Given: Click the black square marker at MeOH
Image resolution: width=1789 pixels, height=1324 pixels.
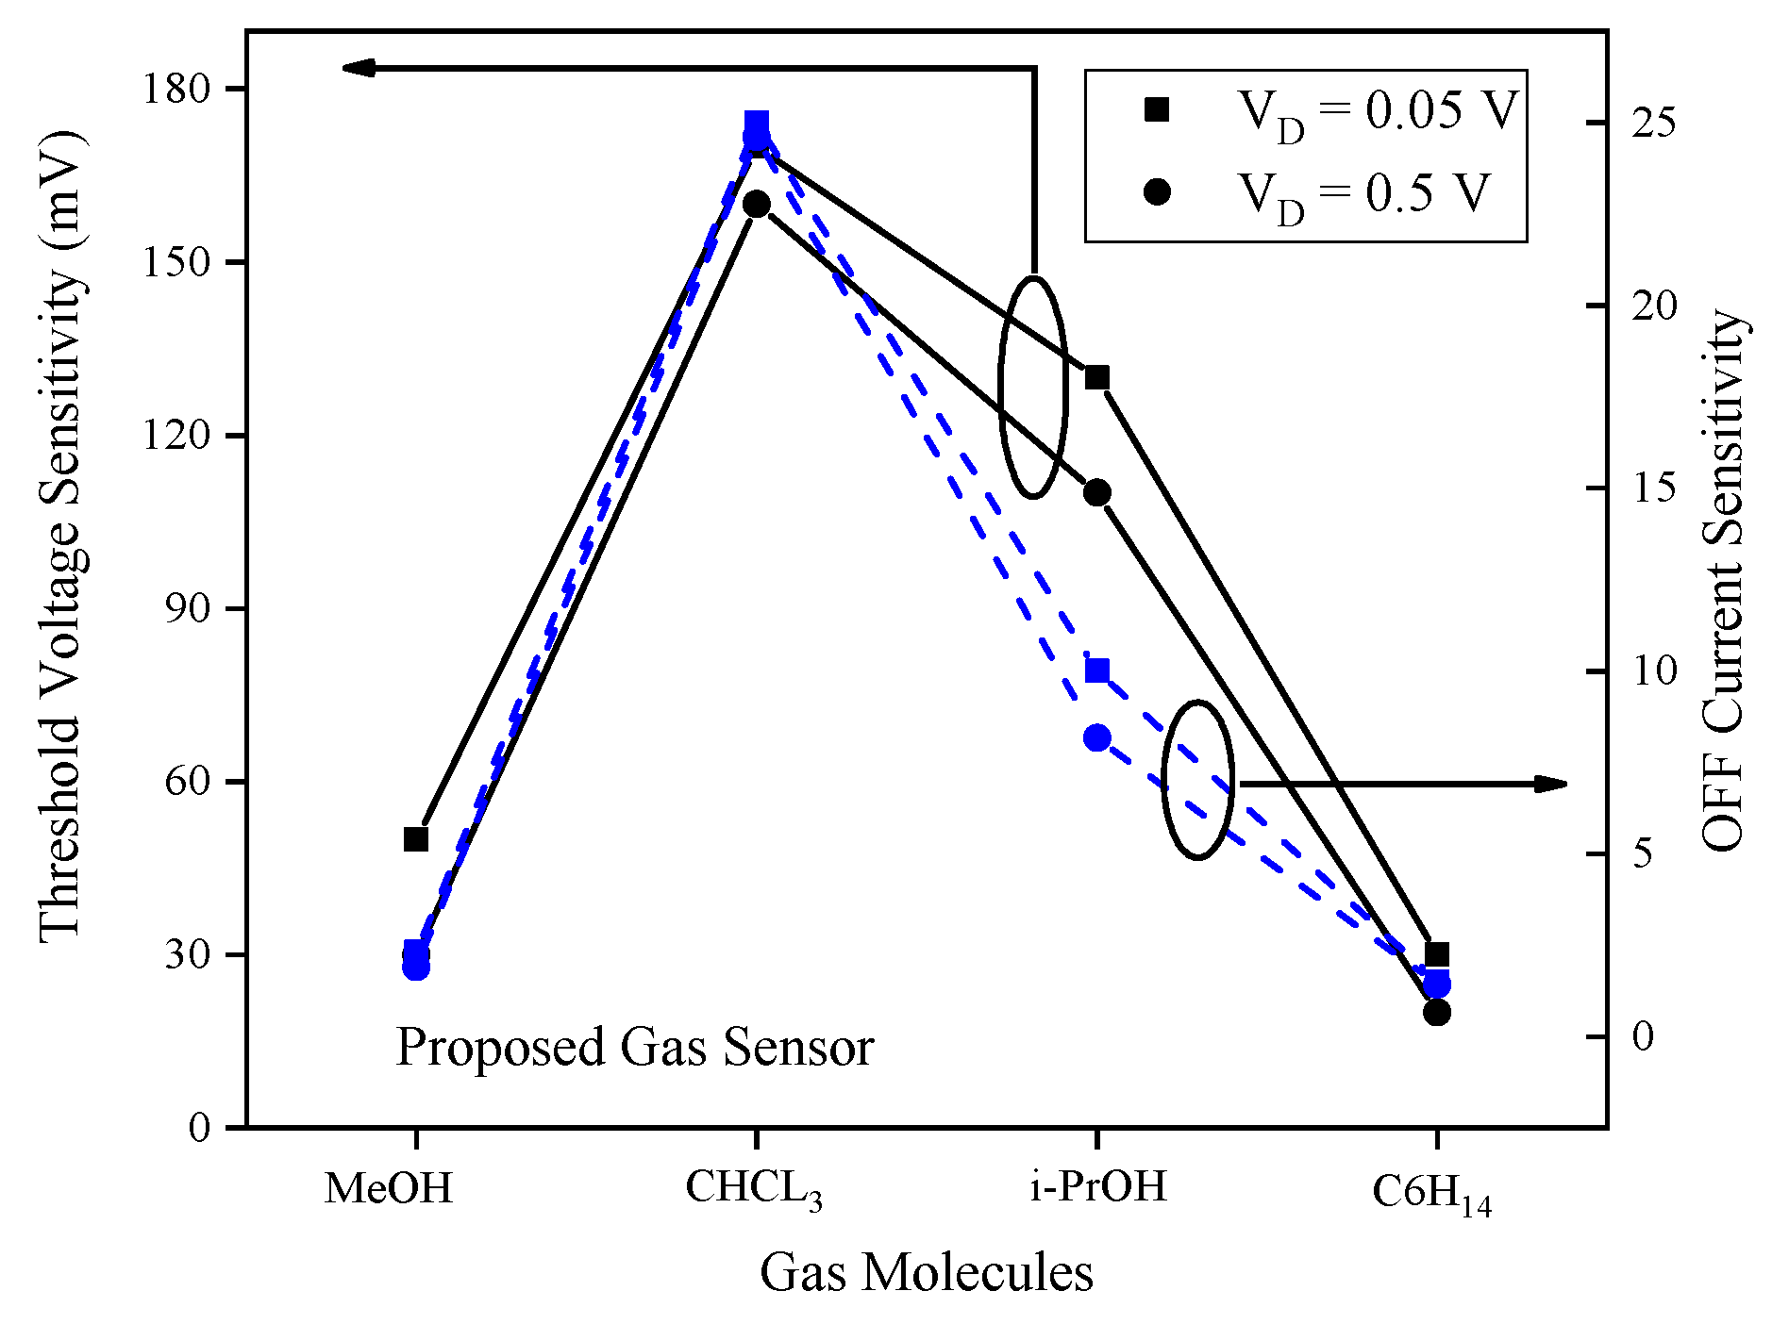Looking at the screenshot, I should point(416,838).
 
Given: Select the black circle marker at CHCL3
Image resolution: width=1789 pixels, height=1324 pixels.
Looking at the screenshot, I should point(756,204).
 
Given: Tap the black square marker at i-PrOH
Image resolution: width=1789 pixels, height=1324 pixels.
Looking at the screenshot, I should point(1096,378).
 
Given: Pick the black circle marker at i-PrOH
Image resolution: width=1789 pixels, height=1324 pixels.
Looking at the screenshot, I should point(1096,492).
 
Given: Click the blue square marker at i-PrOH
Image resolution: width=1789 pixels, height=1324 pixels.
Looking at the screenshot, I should point(1096,671).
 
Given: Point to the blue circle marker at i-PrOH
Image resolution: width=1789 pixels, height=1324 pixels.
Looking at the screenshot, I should point(1096,737).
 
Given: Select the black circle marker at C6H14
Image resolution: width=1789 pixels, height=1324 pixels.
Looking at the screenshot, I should point(1436,1012).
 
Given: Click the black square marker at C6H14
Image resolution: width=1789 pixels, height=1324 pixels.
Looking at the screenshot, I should point(1436,953).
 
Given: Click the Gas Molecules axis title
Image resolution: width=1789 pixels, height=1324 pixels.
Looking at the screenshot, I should point(926,1272).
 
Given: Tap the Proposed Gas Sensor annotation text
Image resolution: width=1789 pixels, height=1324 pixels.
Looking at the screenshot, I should point(634,1047).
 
